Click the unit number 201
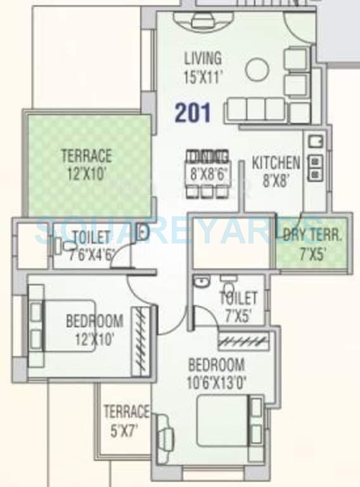193,113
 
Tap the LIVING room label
203,58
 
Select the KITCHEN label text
276,162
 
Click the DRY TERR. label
312,235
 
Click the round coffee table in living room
257,70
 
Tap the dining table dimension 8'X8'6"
207,172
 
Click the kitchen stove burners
314,166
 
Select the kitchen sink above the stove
314,143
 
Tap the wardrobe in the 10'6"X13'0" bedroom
243,342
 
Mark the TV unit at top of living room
203,21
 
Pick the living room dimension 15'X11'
203,78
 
